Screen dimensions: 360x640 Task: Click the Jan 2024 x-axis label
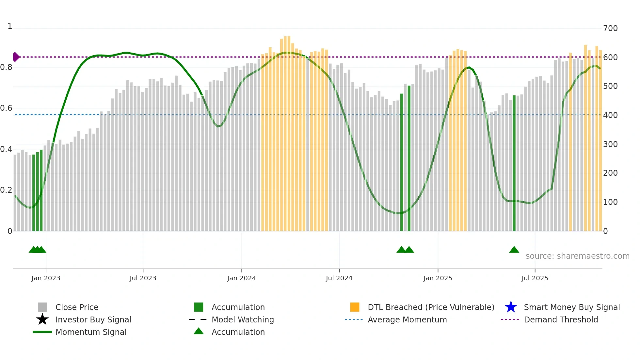click(x=241, y=278)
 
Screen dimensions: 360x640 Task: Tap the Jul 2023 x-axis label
click(x=143, y=278)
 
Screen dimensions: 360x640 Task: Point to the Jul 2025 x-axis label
click(x=535, y=278)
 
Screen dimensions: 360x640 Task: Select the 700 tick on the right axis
click(x=610, y=28)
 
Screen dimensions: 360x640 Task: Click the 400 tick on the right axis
click(x=610, y=115)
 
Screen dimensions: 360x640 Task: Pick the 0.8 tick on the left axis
click(x=6, y=67)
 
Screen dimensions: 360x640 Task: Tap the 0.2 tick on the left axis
click(x=6, y=190)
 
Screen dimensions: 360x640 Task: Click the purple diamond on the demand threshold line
click(x=16, y=57)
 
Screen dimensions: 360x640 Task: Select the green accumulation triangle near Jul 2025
click(x=514, y=250)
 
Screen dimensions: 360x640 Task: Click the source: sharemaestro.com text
click(x=577, y=256)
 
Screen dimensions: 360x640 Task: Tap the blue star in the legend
click(x=511, y=307)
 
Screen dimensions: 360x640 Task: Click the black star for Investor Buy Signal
click(x=42, y=319)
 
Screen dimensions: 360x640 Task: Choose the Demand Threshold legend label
click(x=561, y=319)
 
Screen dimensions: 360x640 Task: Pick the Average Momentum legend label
click(x=407, y=319)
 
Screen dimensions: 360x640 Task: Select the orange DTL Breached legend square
click(x=355, y=307)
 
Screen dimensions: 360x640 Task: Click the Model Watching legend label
click(x=243, y=319)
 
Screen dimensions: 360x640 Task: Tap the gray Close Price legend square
click(x=42, y=307)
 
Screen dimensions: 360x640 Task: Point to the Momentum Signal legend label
click(x=91, y=332)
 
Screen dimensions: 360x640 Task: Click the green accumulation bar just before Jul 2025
click(x=514, y=163)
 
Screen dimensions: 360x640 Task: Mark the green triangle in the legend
click(x=199, y=331)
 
